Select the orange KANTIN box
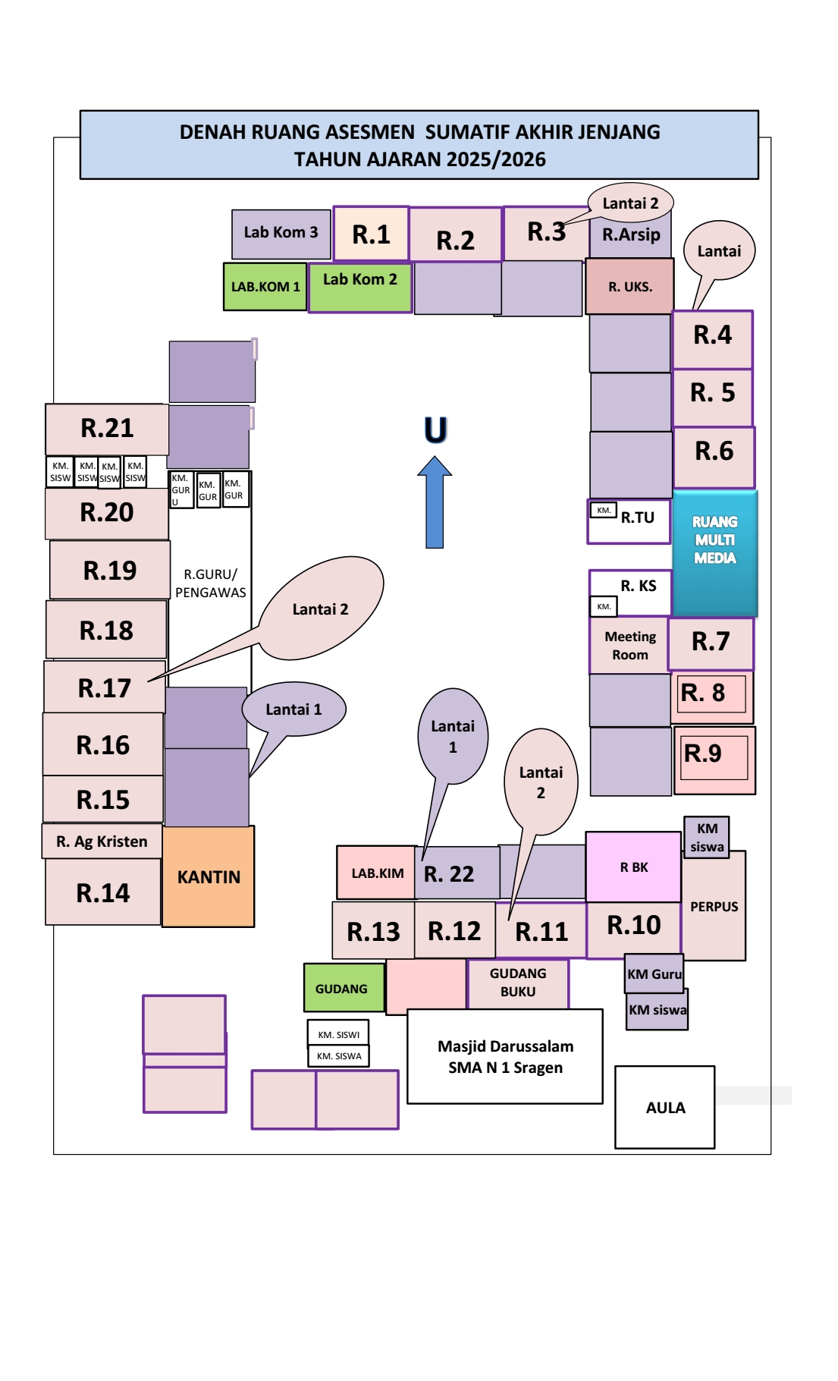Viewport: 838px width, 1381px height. [x=209, y=877]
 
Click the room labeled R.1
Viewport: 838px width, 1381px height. [x=371, y=234]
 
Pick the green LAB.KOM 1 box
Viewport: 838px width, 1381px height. [x=265, y=287]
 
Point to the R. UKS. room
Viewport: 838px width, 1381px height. [x=629, y=287]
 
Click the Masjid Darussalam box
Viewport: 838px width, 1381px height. [x=505, y=1056]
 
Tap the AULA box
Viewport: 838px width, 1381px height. [x=665, y=1107]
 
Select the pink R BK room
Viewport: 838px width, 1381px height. [x=633, y=867]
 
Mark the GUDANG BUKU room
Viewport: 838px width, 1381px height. [x=518, y=983]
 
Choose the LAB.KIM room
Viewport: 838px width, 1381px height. [x=377, y=873]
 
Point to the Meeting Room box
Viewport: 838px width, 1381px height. [x=629, y=646]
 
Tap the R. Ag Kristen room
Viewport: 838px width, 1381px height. [x=102, y=841]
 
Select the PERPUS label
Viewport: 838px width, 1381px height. [x=714, y=907]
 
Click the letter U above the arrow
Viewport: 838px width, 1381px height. [x=435, y=430]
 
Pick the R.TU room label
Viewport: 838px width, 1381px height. [x=637, y=518]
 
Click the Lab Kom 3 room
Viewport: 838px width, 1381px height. [x=281, y=234]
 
